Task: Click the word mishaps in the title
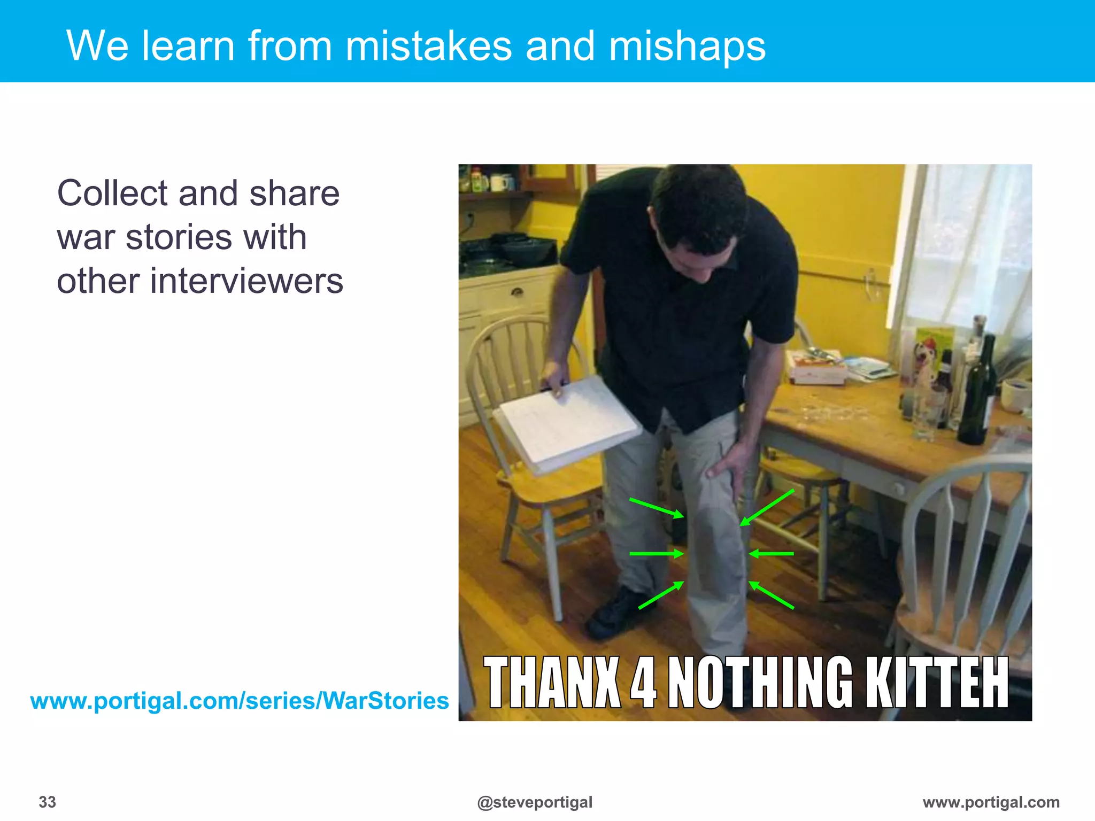[x=687, y=47]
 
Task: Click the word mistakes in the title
[x=428, y=47]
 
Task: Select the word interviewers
[x=246, y=282]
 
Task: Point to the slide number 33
[x=48, y=802]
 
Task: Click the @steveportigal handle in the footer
[x=535, y=802]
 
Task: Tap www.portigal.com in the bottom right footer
[x=991, y=802]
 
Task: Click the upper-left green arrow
[x=657, y=508]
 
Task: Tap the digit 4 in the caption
[x=643, y=683]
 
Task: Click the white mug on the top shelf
[x=500, y=183]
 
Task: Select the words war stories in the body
[x=182, y=238]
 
